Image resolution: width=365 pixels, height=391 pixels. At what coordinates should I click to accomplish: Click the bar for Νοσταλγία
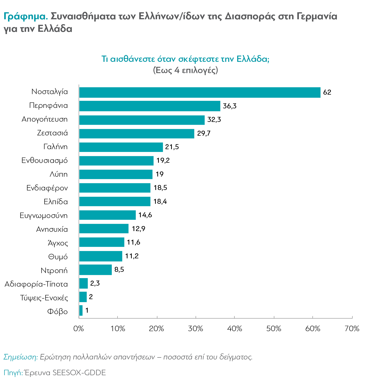pyautogui.click(x=200, y=92)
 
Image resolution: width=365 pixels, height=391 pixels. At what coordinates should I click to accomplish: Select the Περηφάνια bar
pyautogui.click(x=150, y=106)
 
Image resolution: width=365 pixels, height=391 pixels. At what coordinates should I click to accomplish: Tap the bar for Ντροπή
pyautogui.click(x=95, y=270)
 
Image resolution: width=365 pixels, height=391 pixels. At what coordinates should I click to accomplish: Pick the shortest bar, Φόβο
pyautogui.click(x=81, y=310)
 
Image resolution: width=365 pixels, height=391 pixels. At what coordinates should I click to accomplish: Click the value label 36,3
pyautogui.click(x=229, y=106)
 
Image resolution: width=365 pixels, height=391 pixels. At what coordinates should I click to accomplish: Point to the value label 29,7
pyautogui.click(x=204, y=133)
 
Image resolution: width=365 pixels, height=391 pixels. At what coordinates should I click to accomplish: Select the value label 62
pyautogui.click(x=327, y=92)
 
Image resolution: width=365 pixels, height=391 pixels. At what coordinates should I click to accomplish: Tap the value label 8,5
pyautogui.click(x=119, y=270)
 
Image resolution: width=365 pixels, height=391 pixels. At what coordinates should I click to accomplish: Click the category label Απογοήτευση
pyautogui.click(x=45, y=119)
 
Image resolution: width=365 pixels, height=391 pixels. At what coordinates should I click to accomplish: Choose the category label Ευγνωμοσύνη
pyautogui.click(x=44, y=216)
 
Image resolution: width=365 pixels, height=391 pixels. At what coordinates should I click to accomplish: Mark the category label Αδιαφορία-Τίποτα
pyautogui.click(x=36, y=284)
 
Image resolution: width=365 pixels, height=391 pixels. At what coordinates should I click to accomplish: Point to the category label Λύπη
pyautogui.click(x=59, y=174)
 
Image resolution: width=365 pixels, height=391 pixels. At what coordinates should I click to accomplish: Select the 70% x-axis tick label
pyautogui.click(x=352, y=329)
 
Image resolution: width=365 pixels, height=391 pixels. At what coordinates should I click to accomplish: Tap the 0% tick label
pyautogui.click(x=79, y=329)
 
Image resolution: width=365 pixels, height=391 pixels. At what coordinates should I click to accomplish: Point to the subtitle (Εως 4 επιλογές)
pyautogui.click(x=185, y=70)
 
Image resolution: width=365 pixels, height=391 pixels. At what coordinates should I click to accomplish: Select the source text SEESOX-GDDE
pyautogui.click(x=79, y=372)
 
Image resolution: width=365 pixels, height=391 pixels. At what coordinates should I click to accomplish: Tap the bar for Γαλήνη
pyautogui.click(x=121, y=147)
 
